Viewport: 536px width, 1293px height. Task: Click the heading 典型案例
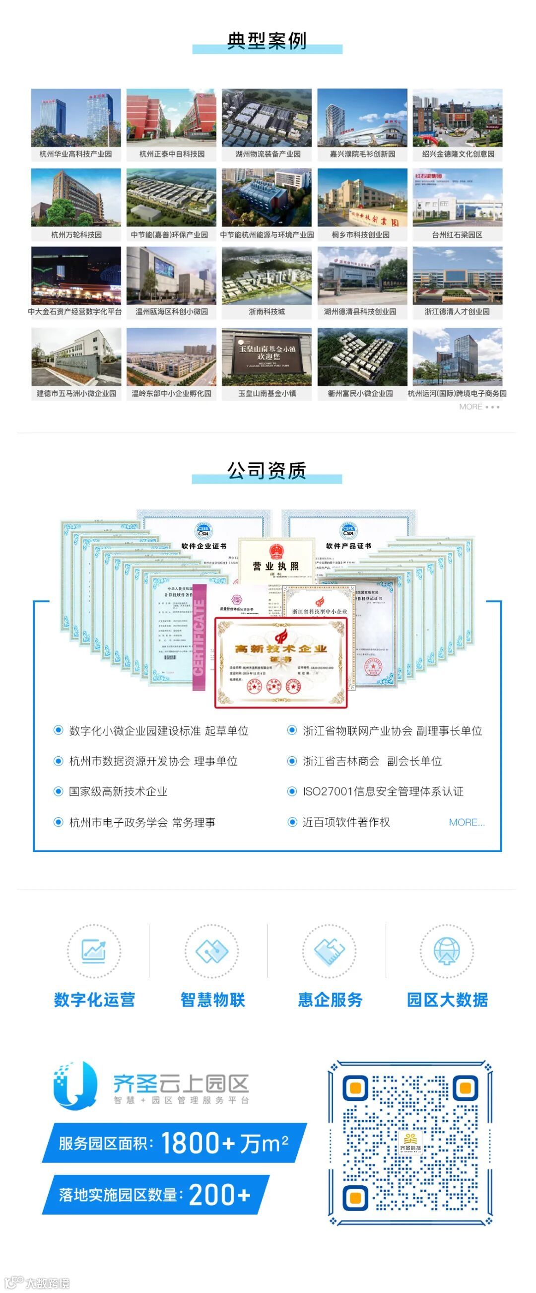tap(267, 41)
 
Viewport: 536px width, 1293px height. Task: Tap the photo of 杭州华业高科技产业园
tap(76, 118)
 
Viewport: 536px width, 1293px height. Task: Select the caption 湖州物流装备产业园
tap(268, 154)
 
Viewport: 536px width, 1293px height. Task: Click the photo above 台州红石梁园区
tap(457, 198)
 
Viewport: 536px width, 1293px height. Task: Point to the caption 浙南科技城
tap(267, 312)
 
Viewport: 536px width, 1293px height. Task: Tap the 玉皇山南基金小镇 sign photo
tap(267, 357)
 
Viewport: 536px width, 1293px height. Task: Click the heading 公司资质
tap(267, 471)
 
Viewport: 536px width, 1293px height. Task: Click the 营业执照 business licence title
tap(275, 566)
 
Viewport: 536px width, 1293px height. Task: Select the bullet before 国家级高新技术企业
tap(58, 791)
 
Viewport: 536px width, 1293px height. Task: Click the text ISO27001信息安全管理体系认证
tap(383, 791)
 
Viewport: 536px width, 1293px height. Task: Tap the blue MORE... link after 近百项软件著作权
tap(466, 822)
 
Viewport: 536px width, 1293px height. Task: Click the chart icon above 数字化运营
tap(94, 951)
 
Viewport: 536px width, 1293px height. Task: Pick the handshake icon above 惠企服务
tap(329, 951)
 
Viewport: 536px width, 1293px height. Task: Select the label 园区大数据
tap(447, 1000)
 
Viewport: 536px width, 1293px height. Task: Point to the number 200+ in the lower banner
tap(220, 1195)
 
